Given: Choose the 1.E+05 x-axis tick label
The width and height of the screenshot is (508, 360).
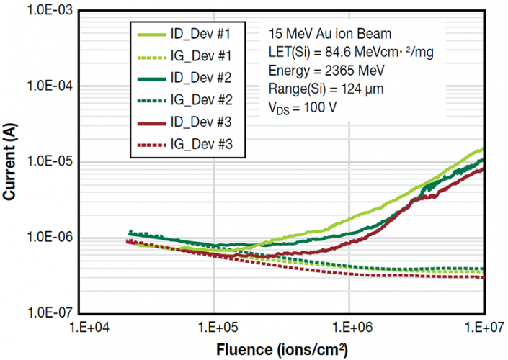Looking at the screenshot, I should (214, 328).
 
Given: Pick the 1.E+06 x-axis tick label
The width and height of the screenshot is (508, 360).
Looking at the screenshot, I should (349, 328).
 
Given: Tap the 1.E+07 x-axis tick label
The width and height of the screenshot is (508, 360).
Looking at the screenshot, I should (482, 328).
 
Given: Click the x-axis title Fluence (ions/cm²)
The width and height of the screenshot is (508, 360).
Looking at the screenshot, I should (280, 350).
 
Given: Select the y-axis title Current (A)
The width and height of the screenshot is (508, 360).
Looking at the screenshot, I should (11, 162).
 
